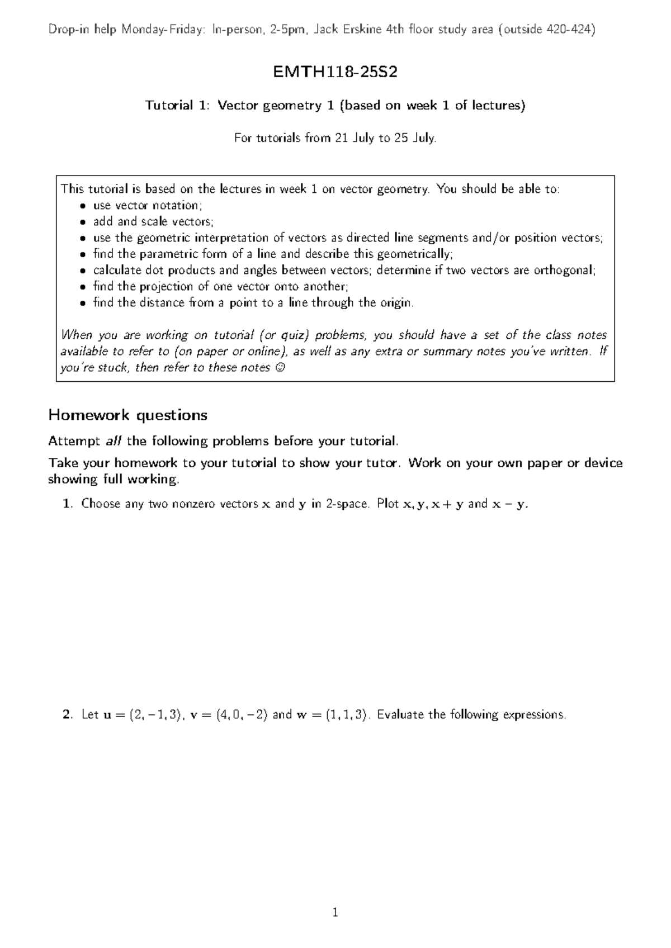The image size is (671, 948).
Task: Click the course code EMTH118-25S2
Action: click(x=335, y=72)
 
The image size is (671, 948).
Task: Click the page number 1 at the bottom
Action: click(x=335, y=913)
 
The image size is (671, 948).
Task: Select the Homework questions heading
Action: click(x=127, y=415)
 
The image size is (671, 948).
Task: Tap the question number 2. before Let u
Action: click(x=67, y=714)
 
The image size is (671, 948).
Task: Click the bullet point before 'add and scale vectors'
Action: click(x=82, y=222)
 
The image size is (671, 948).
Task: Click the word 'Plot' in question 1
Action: click(x=388, y=504)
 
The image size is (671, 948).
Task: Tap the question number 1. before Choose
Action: click(x=68, y=504)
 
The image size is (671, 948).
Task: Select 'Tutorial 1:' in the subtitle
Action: click(x=177, y=105)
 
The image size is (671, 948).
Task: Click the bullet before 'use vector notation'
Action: click(x=82, y=206)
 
